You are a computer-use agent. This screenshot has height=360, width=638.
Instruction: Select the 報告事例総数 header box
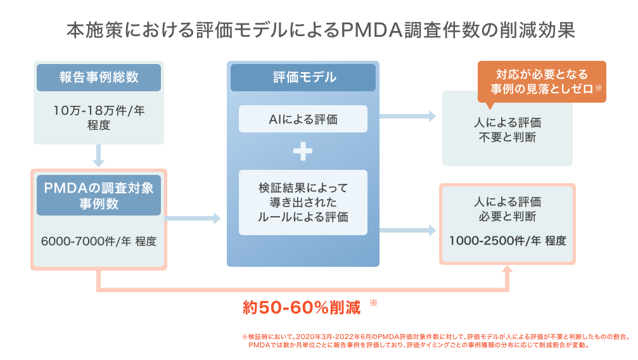[99, 77]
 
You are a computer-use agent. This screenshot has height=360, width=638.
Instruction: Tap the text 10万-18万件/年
[99, 110]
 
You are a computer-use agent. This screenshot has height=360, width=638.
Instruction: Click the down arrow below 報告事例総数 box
[98, 156]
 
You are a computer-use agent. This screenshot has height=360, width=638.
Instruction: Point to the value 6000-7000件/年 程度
[98, 241]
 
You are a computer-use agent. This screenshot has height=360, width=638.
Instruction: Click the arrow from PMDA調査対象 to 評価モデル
[193, 218]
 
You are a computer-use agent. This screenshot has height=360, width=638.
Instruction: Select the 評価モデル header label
[303, 77]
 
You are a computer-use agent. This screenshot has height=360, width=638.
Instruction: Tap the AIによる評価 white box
[303, 119]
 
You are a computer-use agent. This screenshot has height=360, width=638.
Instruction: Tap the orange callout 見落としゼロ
[542, 82]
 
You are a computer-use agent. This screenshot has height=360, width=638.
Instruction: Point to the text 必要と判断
[507, 217]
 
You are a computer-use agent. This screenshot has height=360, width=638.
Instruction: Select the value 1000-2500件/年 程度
[507, 241]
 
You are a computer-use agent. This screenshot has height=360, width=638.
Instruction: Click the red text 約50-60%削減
[302, 307]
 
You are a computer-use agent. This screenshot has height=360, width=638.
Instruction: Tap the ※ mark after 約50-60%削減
[373, 304]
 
